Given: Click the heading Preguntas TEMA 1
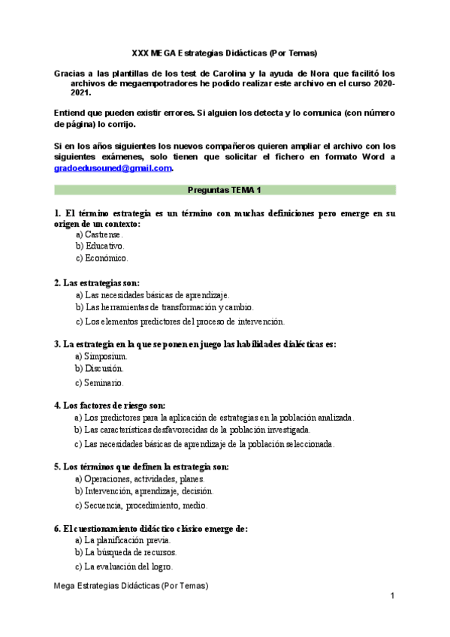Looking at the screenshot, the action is tap(225, 191).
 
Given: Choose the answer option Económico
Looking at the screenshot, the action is tap(106, 258).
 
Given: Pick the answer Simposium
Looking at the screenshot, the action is tap(105, 356).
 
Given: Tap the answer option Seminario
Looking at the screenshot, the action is tap(104, 382).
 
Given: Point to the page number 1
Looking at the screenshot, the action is tap(392, 596).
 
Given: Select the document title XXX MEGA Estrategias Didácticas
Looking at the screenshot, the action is tap(225, 53).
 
